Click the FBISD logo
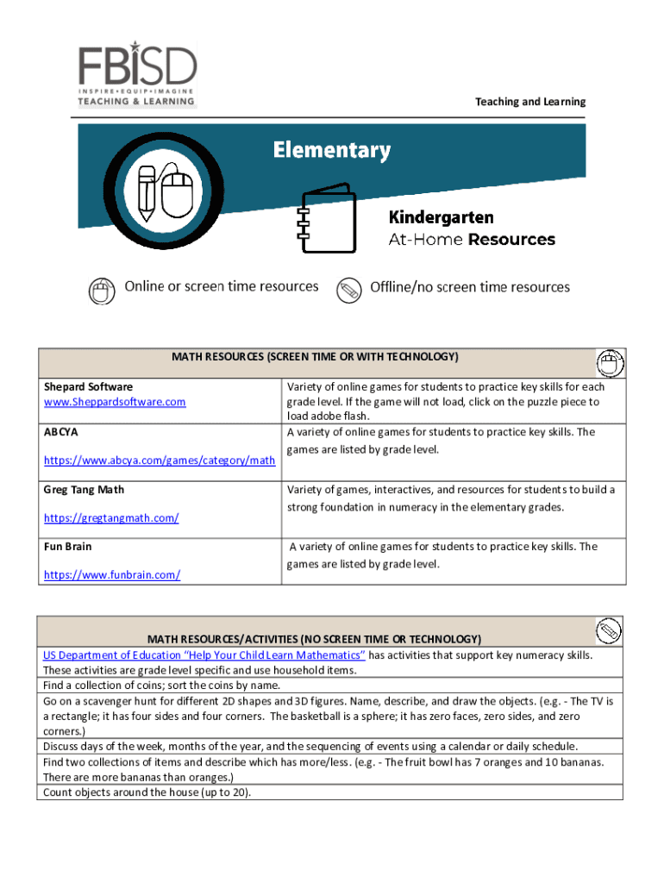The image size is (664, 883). (138, 75)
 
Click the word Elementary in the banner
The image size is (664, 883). (332, 151)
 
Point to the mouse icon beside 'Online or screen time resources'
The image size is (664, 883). (102, 291)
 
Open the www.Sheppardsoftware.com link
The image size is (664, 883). (115, 402)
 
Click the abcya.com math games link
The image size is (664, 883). (160, 460)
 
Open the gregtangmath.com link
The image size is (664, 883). (111, 517)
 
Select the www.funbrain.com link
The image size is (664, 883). (112, 574)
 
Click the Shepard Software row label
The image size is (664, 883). (88, 387)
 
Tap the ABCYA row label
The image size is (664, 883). (61, 432)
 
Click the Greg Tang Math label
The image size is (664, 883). (84, 490)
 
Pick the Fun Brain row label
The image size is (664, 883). (68, 547)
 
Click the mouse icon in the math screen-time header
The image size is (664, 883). (611, 362)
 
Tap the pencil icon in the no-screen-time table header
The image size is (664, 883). (609, 629)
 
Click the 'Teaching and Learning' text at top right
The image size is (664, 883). (530, 102)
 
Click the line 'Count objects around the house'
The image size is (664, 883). (147, 792)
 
